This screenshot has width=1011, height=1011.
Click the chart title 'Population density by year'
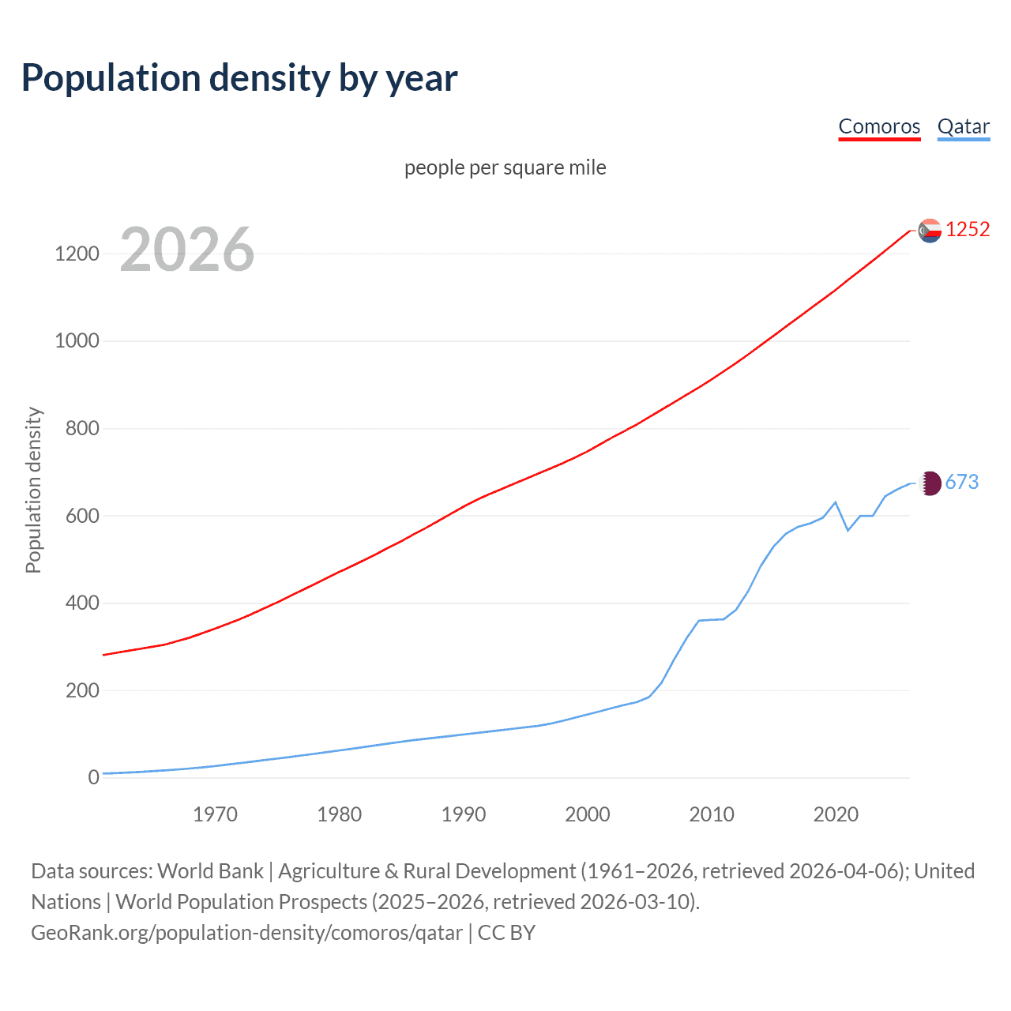(x=239, y=78)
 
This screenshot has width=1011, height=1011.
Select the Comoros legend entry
(x=879, y=126)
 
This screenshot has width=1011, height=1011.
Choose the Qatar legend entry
(x=963, y=126)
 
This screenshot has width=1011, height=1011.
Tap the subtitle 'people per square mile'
(x=505, y=167)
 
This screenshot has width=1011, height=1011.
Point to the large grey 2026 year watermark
(x=187, y=250)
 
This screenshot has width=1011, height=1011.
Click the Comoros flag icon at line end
(x=930, y=230)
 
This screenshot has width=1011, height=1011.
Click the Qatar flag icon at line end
(x=930, y=483)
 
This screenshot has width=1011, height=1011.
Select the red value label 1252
(x=968, y=230)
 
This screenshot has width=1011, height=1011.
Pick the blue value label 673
(x=961, y=483)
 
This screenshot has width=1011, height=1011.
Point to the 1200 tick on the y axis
(x=77, y=254)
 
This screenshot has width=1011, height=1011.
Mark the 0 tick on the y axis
(x=94, y=778)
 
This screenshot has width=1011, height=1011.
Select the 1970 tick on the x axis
(x=215, y=814)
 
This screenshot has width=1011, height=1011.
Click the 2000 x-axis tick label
(x=588, y=814)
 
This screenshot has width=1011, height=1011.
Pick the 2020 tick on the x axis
(x=836, y=814)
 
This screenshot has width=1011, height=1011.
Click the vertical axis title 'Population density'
(x=33, y=490)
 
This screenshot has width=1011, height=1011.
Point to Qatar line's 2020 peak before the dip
(x=836, y=502)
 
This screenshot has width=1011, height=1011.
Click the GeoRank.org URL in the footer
(x=246, y=933)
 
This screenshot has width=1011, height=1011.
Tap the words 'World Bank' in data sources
(x=210, y=871)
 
